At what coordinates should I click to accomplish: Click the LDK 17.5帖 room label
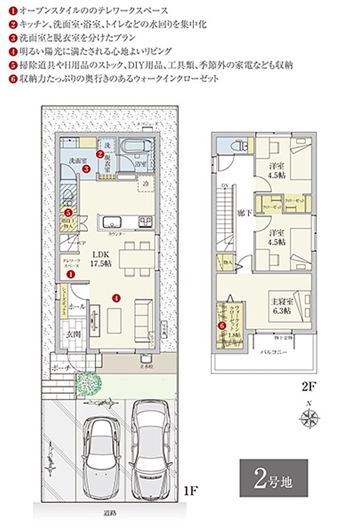[x=96, y=258]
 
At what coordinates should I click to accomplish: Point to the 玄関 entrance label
[x=72, y=334]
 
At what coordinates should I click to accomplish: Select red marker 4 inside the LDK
[x=117, y=299]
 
